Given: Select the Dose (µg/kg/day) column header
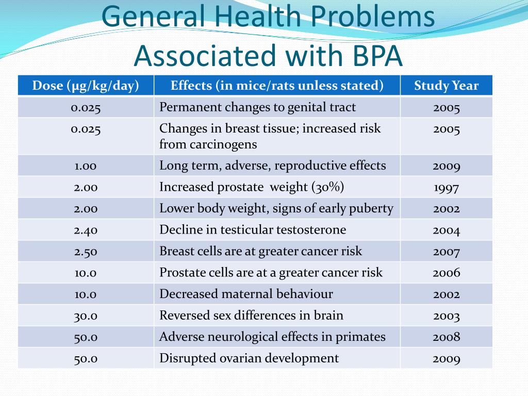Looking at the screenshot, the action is pos(86,86).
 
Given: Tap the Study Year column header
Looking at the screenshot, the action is pos(446,86).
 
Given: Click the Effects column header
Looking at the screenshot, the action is pos(277,86).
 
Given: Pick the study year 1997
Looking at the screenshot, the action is pos(446,188).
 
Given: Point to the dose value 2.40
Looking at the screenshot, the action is pos(86,230).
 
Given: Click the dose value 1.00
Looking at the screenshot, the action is pos(86,166).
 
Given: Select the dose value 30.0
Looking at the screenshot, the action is pos(86,316).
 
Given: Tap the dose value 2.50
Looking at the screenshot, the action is pos(86,252).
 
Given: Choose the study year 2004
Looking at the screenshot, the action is pos(446,230).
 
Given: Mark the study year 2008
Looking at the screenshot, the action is pos(446,337).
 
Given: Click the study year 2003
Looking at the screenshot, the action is pos(446,316).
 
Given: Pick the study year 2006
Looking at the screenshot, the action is pos(446,272).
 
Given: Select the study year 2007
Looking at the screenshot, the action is pos(446,252).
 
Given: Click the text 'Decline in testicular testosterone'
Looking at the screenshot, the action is pos(253,229).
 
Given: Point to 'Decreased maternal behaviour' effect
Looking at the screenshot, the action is pos(246,294).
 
